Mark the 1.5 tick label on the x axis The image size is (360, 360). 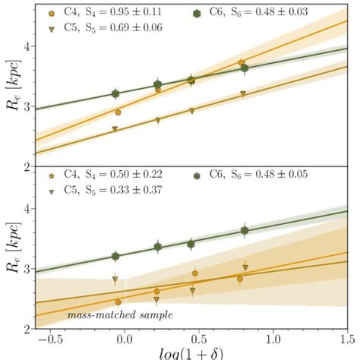(346, 338)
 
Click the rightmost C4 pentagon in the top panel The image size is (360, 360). (242, 63)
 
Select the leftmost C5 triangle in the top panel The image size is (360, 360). (115, 130)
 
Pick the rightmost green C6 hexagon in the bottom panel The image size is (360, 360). (245, 230)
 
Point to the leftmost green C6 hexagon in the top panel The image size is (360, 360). (115, 94)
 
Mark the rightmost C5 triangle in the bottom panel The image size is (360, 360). (245, 267)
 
